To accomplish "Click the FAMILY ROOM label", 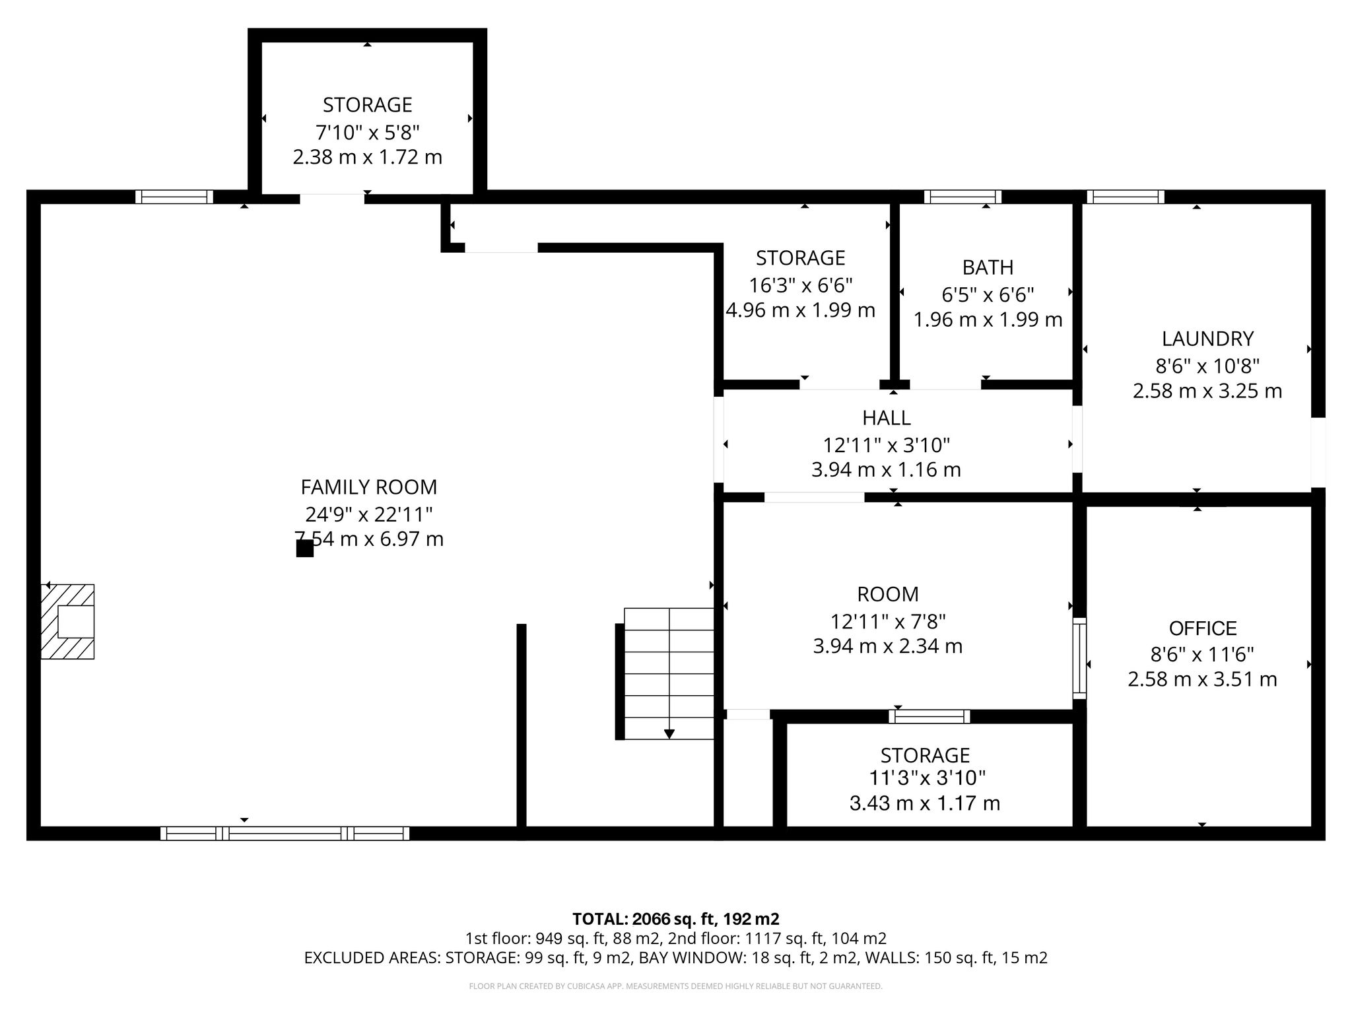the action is click(369, 487).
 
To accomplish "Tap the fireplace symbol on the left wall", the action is click(67, 621).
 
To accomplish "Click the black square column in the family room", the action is click(304, 549).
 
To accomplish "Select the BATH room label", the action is click(988, 267).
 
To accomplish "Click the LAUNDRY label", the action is click(1207, 339).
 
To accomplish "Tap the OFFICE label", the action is click(1203, 628).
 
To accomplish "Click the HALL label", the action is click(887, 418).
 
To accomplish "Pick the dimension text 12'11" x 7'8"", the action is click(888, 621).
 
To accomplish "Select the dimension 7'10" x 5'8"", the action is click(368, 133).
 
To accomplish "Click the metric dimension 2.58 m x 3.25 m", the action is click(1207, 391).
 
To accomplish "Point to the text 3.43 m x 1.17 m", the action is click(925, 803).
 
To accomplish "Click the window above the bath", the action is click(963, 197).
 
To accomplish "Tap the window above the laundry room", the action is click(1126, 197).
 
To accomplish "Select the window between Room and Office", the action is click(1079, 658).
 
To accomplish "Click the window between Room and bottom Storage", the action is click(929, 716).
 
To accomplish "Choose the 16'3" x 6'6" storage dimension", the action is click(801, 285).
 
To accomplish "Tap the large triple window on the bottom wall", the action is click(285, 833).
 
